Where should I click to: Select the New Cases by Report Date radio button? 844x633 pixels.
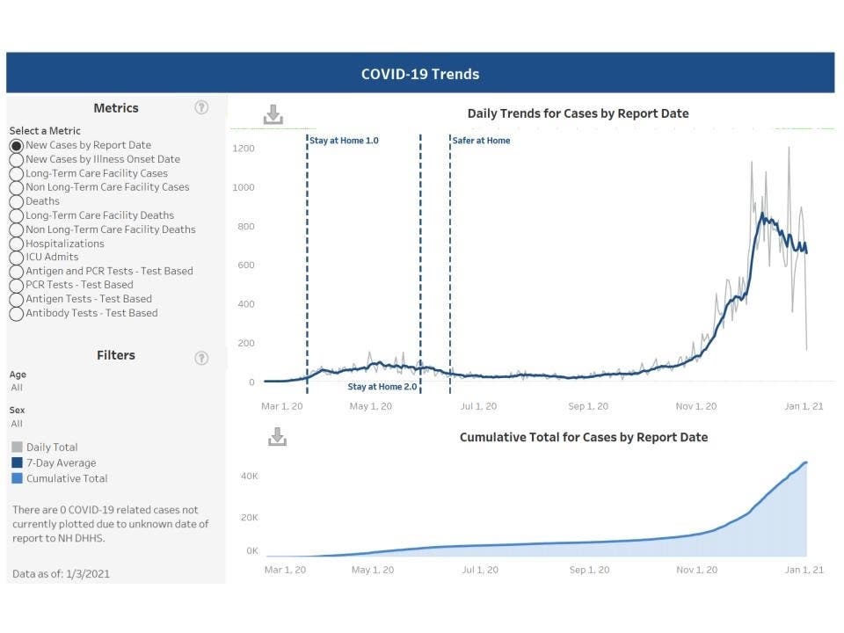tap(16, 145)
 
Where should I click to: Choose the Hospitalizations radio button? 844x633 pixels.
tap(16, 244)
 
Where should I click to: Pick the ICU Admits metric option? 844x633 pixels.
tap(16, 258)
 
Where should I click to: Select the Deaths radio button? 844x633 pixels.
tap(16, 201)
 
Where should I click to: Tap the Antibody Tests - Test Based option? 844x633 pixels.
tap(16, 314)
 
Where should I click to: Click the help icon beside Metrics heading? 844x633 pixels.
tap(201, 108)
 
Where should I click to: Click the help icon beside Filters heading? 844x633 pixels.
tap(201, 358)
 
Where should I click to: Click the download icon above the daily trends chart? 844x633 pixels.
tap(273, 114)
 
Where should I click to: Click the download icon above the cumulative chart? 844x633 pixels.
tap(277, 436)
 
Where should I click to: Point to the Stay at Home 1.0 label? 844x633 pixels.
tap(344, 141)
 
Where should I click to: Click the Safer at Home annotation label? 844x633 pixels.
tap(481, 141)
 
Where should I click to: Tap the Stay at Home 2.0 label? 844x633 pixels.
tap(382, 387)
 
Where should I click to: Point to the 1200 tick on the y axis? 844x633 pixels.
tap(244, 149)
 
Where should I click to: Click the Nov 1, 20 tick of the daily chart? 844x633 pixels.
tap(696, 406)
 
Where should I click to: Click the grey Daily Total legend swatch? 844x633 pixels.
tap(18, 447)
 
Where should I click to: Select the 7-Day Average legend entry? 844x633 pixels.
tap(61, 463)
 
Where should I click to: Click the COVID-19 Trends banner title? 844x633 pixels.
tap(420, 74)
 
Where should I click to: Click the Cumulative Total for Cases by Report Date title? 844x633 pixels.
tap(583, 437)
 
